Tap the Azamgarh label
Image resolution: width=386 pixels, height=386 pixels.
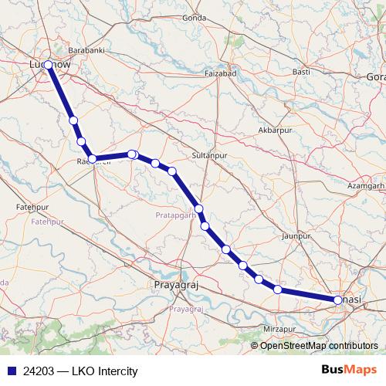coord(366,187)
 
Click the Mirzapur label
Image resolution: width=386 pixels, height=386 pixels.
coord(280,329)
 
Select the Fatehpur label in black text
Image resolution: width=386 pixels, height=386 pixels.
coord(32,208)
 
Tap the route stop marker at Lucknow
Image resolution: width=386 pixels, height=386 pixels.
coord(48,65)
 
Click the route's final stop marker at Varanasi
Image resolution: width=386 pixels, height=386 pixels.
coord(338,300)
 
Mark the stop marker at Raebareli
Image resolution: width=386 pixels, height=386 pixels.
coord(92,159)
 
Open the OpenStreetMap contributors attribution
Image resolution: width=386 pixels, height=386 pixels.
coord(319,346)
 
